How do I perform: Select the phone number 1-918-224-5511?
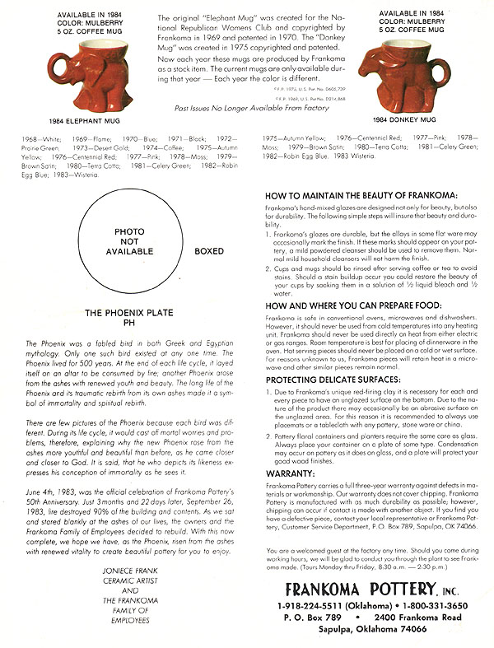[314, 606]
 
